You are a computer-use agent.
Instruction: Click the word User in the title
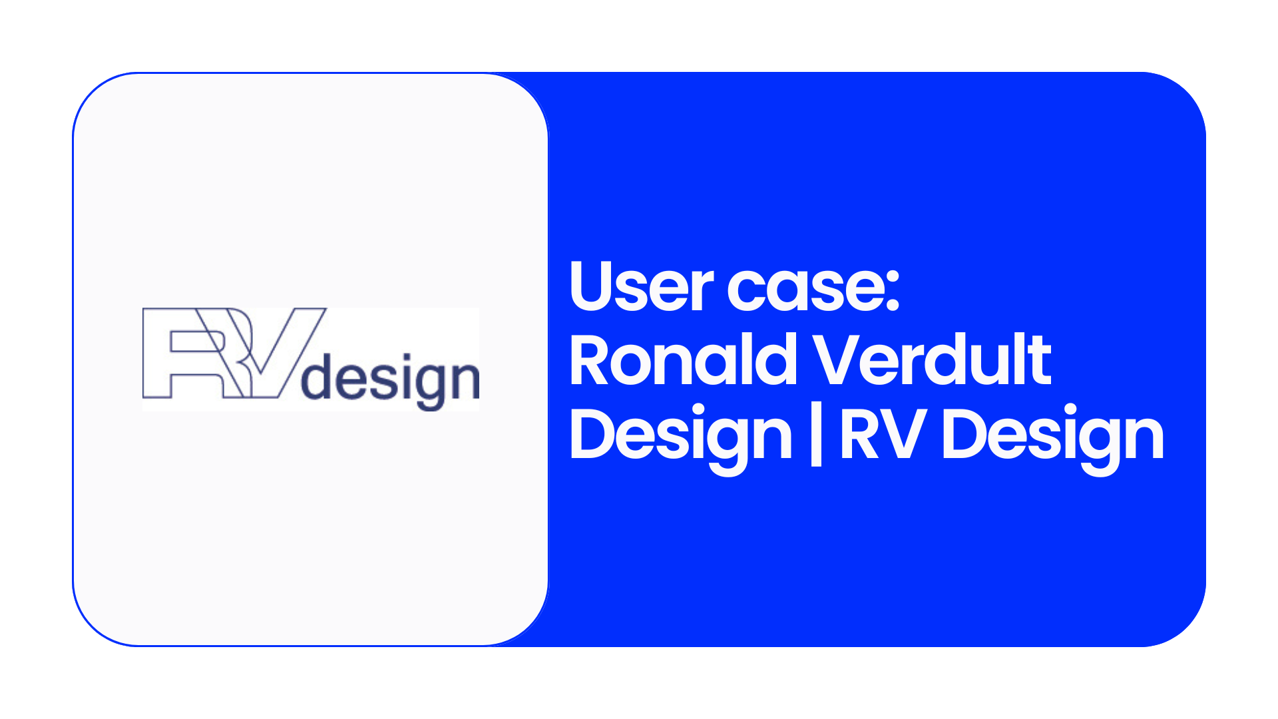[642, 286]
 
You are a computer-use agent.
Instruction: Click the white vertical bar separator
[816, 437]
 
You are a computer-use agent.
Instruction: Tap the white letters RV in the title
[883, 433]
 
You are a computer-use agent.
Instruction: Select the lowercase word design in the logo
[391, 381]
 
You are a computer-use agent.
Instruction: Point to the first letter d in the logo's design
[317, 377]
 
